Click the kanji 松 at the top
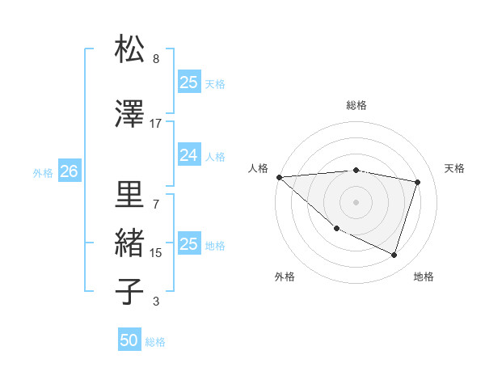(x=130, y=49)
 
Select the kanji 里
(x=130, y=194)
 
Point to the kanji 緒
(x=130, y=243)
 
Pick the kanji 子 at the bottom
(x=130, y=291)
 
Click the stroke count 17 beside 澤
(x=156, y=123)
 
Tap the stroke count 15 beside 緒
(x=156, y=253)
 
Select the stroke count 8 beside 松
(x=156, y=59)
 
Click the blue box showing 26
(x=69, y=171)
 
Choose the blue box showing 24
(x=188, y=155)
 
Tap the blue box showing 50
(x=129, y=340)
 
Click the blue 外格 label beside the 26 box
(x=43, y=172)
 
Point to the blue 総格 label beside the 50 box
(x=155, y=342)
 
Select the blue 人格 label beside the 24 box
(x=215, y=156)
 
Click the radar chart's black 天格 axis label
(x=455, y=168)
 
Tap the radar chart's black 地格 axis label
(x=424, y=277)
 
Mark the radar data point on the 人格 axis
(x=279, y=177)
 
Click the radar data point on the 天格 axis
(x=418, y=182)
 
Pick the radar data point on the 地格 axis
(x=394, y=255)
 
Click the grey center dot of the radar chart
(x=356, y=202)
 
